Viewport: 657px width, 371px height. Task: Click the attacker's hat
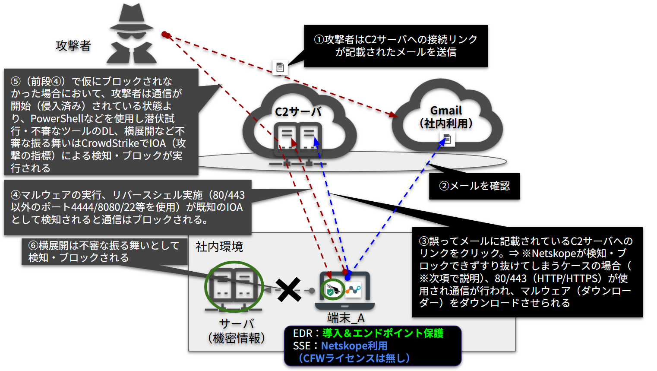click(x=132, y=17)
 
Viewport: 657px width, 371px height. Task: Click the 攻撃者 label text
click(x=73, y=46)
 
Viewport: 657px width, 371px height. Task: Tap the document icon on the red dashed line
click(x=280, y=67)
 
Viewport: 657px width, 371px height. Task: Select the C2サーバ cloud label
click(x=298, y=112)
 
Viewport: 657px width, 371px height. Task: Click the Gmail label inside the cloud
click(x=446, y=111)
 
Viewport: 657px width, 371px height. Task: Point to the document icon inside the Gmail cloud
click(x=447, y=139)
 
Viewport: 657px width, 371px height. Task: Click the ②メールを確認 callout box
click(x=474, y=186)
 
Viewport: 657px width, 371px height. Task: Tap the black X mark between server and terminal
click(x=288, y=290)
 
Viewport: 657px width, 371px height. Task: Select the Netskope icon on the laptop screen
click(x=353, y=289)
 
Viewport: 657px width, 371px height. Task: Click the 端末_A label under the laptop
click(x=346, y=318)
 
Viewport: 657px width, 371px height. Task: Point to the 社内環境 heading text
click(x=219, y=247)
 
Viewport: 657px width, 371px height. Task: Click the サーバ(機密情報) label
click(x=236, y=331)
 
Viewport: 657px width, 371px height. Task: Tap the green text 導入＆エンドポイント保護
click(x=382, y=333)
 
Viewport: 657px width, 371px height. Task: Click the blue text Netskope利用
click(x=354, y=346)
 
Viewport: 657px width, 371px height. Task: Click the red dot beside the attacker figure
click(x=165, y=35)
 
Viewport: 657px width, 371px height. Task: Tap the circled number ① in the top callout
click(x=319, y=40)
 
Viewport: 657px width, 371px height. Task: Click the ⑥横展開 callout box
click(x=104, y=251)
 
